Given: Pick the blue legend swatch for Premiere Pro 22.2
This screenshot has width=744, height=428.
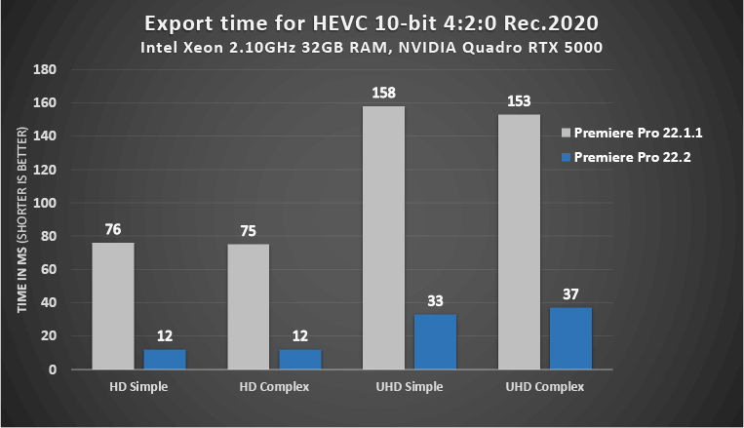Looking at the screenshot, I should (566, 157).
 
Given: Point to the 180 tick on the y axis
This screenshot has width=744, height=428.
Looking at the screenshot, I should (45, 70).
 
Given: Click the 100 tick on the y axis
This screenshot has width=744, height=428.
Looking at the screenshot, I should (45, 203).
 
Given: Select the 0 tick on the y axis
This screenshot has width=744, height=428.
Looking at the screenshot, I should (52, 370).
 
